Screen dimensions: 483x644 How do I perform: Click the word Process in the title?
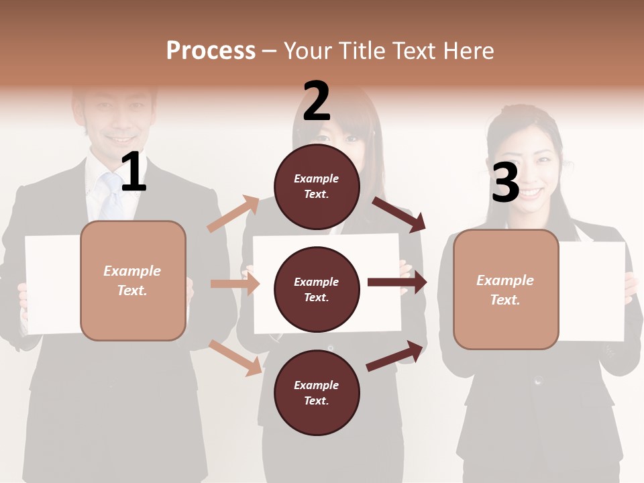[211, 51]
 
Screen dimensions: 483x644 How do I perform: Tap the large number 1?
[133, 172]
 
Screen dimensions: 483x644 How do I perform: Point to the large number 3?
[505, 183]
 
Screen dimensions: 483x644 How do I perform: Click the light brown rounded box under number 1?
[133, 280]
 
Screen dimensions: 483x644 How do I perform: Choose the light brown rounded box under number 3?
[506, 289]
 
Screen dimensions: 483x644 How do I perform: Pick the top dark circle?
[317, 186]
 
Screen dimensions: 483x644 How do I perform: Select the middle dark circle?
[317, 289]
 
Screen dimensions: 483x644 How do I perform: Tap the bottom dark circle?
[317, 392]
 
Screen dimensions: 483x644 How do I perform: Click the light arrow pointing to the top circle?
[233, 214]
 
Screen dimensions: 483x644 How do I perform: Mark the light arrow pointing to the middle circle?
[235, 284]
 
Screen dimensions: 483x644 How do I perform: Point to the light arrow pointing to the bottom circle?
[235, 358]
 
